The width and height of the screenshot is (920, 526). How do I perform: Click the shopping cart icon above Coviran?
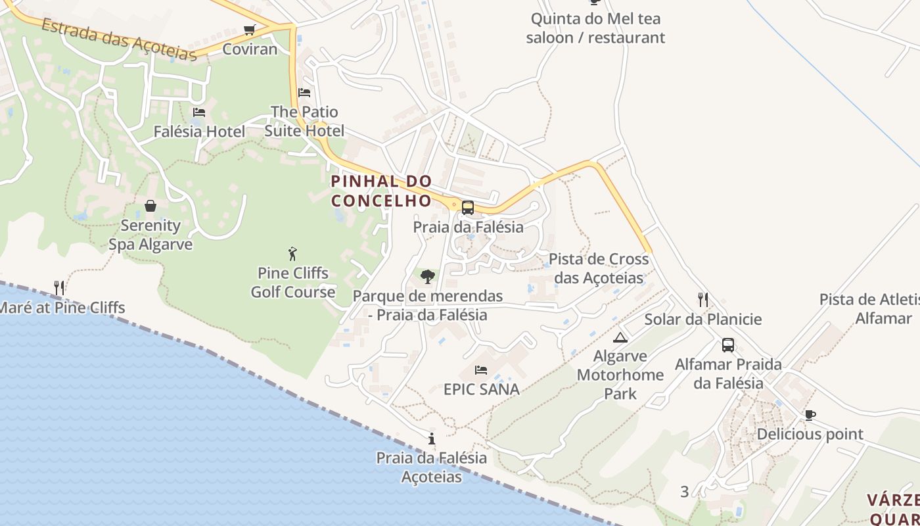coord(249,30)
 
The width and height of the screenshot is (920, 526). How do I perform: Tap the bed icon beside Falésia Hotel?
coord(199,112)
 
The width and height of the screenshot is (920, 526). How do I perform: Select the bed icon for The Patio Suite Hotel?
coord(304,93)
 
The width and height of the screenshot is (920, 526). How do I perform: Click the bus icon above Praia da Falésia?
coord(467,208)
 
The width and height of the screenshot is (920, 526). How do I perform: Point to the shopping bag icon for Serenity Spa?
coord(150,206)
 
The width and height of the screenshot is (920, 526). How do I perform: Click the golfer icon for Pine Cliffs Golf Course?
coord(293,253)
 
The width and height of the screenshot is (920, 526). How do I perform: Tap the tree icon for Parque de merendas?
coord(428,276)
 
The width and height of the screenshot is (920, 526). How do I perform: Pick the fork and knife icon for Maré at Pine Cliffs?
coord(59,287)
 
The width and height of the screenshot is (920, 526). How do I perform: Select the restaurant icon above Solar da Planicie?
coord(703,300)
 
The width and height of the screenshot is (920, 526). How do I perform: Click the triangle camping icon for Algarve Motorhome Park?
coord(620,337)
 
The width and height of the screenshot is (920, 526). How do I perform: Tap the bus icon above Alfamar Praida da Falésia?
coord(728,345)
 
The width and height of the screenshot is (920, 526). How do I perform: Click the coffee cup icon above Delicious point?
coord(810,415)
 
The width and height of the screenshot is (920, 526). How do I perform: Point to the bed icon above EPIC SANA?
coord(481,370)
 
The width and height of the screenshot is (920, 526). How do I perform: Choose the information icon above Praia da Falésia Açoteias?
coord(432,439)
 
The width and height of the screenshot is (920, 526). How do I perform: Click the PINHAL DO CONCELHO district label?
coord(381,191)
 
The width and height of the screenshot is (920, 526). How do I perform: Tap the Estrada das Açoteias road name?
coord(119,40)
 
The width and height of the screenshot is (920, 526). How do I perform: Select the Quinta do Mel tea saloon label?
coord(595,28)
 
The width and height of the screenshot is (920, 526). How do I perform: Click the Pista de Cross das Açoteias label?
coord(599,268)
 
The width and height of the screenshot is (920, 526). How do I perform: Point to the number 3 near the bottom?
coord(685,491)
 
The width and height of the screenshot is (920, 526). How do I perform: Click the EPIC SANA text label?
coord(482,389)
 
